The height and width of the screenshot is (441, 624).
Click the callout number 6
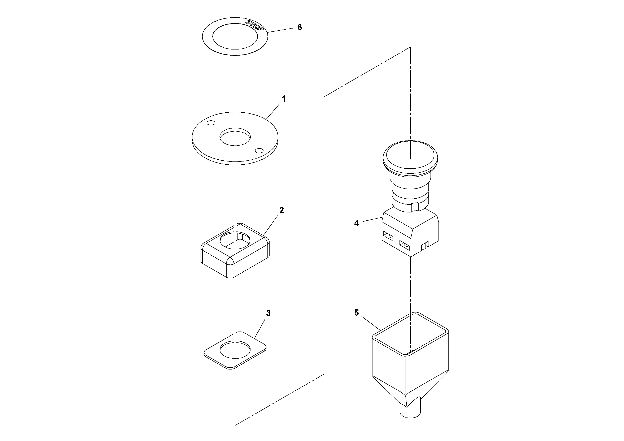[x=300, y=27]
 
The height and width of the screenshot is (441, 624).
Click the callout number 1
[x=284, y=99]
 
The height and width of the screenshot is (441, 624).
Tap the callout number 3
[x=268, y=313]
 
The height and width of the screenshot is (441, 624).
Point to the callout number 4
[x=357, y=223]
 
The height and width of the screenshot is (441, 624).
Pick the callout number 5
[x=357, y=313]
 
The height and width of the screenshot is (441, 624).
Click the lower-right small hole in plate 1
[x=259, y=150]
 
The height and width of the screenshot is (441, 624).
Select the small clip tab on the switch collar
[x=415, y=207]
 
